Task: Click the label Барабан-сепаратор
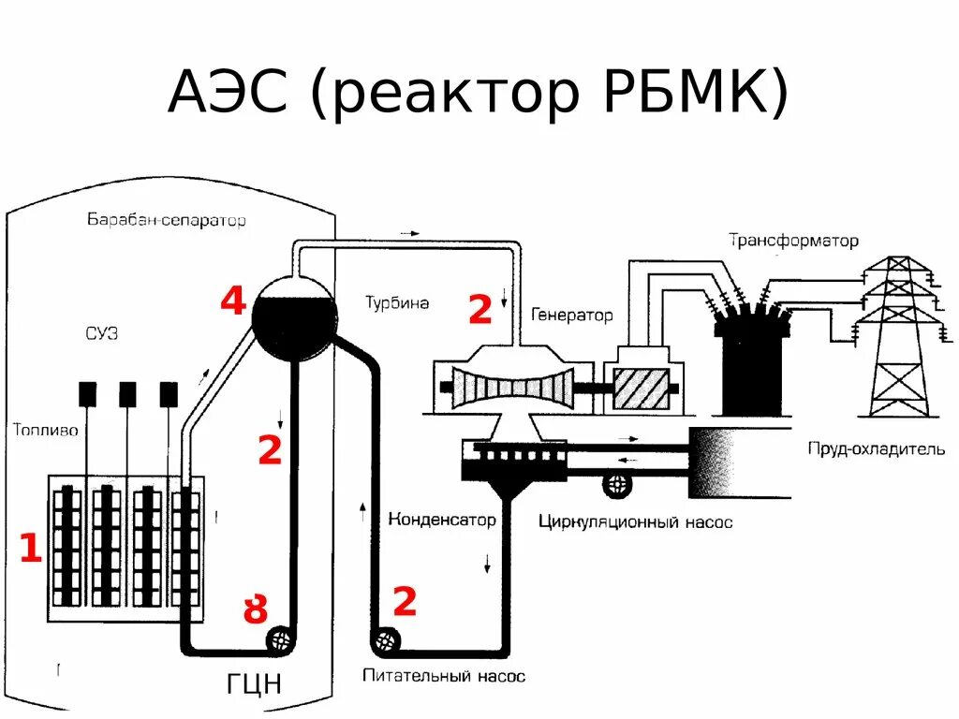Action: click(x=166, y=221)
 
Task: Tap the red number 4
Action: click(x=233, y=301)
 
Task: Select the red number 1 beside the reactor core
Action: click(x=31, y=549)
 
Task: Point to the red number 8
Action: click(x=255, y=610)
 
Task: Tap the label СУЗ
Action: click(x=100, y=334)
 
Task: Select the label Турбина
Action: click(x=397, y=302)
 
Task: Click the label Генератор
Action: click(x=571, y=315)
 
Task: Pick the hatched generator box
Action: click(x=641, y=388)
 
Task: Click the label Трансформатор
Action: click(x=793, y=241)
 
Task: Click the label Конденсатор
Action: click(x=441, y=520)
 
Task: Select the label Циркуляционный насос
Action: click(x=635, y=522)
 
